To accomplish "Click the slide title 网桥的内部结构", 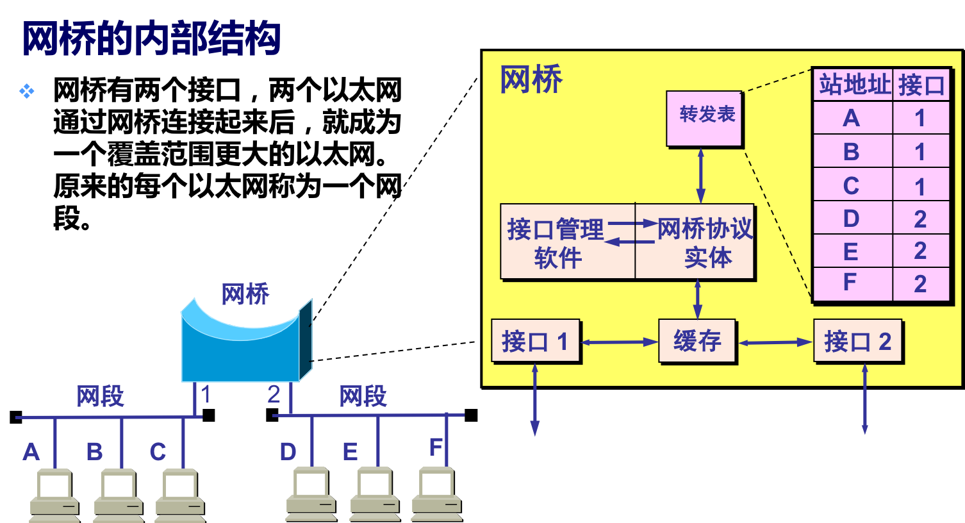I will click(x=153, y=40).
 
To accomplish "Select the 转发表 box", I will click(x=704, y=119).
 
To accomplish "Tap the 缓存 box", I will click(x=697, y=342).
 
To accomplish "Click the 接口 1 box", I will click(x=536, y=342).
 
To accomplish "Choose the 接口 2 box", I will click(x=858, y=342).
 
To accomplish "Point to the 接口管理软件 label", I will click(x=556, y=243).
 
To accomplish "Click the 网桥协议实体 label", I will click(x=705, y=243).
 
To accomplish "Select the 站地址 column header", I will click(x=854, y=85).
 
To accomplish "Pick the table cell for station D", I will click(x=852, y=219).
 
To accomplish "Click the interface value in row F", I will click(x=920, y=283).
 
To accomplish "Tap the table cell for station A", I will click(x=852, y=118).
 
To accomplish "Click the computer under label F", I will click(x=436, y=494).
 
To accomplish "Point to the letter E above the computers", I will click(x=350, y=452).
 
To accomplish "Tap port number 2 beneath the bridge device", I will click(x=274, y=394).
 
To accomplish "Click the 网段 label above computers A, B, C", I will click(x=100, y=396).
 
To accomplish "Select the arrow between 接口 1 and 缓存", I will click(x=619, y=342).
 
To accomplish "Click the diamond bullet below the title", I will click(x=26, y=91).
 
